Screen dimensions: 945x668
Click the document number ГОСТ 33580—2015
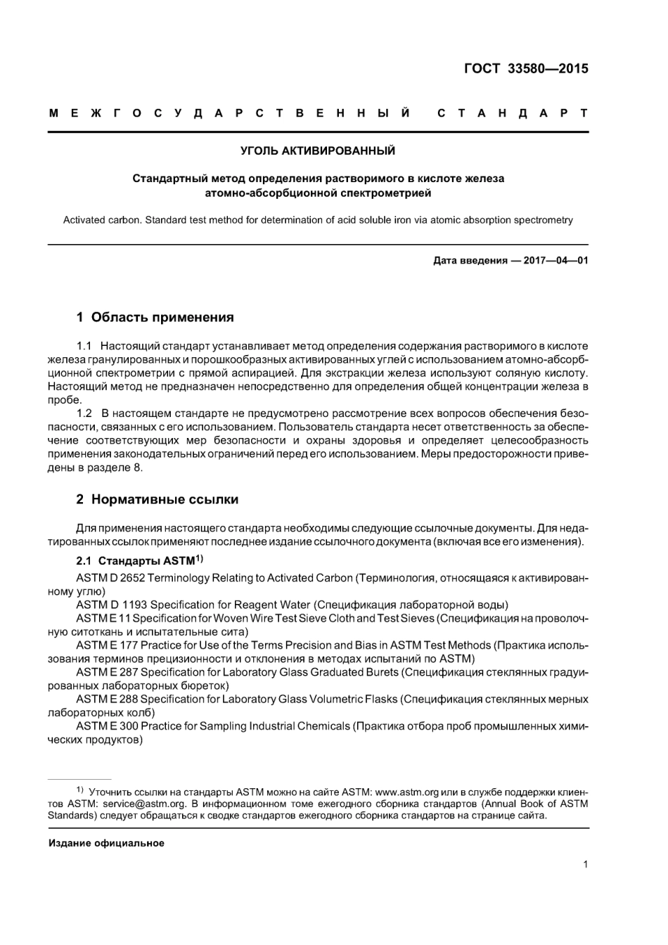(526, 69)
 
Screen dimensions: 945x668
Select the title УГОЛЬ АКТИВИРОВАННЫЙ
(318, 150)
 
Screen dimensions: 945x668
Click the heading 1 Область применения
(155, 317)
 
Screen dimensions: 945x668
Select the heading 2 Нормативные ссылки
(157, 499)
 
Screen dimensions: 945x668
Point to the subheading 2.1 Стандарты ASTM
(139, 561)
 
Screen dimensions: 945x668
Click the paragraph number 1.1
(84, 346)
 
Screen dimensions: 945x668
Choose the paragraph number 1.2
(84, 413)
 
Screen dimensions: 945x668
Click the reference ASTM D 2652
(108, 578)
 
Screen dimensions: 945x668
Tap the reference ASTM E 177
(106, 645)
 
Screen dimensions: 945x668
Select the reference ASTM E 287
(106, 672)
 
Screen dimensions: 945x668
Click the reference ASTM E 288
(106, 699)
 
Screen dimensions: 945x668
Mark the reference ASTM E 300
(106, 726)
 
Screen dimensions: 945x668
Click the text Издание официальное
(106, 843)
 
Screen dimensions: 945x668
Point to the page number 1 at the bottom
(585, 866)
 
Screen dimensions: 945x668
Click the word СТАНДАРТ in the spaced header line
(512, 113)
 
